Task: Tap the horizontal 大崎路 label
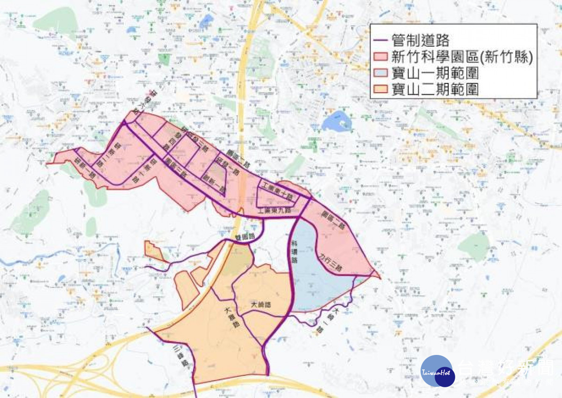point(261,304)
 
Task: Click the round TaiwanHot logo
point(437,371)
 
